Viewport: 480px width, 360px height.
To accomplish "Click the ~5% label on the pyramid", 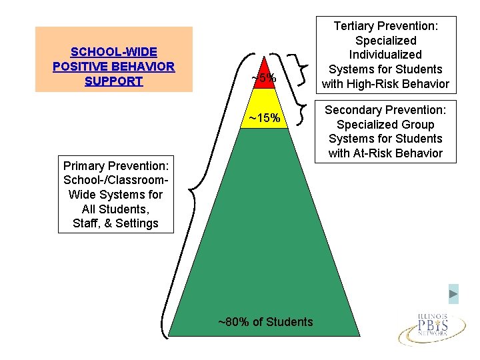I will coord(264,79).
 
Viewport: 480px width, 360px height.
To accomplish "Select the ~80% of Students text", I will coord(265,322).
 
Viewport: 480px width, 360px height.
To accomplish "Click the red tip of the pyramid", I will coord(267,67).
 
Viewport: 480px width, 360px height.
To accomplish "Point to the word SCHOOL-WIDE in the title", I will coord(114,52).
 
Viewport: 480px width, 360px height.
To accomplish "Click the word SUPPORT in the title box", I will coord(114,81).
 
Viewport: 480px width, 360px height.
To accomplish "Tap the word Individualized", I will coord(385,55).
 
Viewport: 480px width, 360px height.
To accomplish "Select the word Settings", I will coord(137,223).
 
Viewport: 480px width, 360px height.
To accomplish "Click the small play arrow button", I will coord(453,293).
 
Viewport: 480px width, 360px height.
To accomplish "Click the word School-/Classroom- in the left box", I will coord(114,179).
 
